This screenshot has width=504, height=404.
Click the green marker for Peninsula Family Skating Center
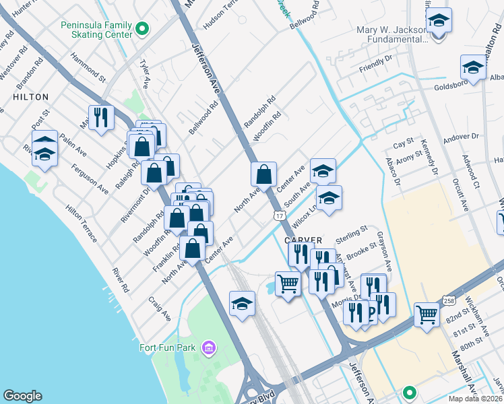point(141,28)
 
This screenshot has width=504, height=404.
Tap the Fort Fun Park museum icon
point(209,347)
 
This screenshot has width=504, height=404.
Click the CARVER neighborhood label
point(303,240)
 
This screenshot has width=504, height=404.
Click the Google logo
point(23,396)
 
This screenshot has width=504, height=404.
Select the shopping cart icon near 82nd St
point(427,313)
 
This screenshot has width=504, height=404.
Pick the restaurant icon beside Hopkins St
point(101,118)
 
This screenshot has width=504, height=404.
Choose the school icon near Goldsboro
point(473,67)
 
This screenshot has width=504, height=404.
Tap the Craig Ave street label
point(160,310)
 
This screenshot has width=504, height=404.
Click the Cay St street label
point(403,145)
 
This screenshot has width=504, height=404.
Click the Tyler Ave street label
point(144,74)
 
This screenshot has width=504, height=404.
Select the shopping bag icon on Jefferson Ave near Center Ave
point(263,174)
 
